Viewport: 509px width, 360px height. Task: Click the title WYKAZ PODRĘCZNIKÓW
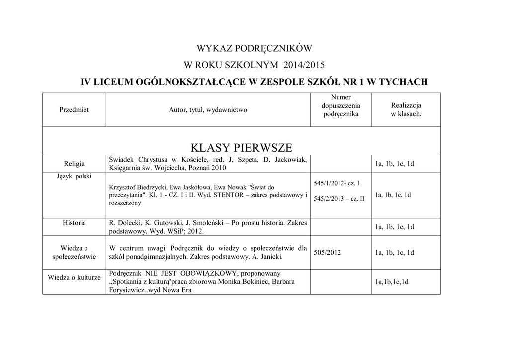point(254,49)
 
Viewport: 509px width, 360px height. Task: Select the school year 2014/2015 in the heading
point(304,65)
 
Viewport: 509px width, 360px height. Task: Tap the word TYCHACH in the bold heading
point(403,82)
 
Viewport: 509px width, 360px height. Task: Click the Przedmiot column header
point(74,110)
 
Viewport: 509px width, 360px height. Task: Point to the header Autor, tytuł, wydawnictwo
point(208,110)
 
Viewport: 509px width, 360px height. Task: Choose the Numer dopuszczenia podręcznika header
point(340,106)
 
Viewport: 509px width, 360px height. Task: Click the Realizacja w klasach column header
point(406,110)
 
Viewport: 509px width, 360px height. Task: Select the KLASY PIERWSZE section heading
point(241,147)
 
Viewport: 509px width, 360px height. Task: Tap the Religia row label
point(74,164)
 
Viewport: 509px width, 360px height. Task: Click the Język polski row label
point(74,176)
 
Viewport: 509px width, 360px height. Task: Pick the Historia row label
point(74,223)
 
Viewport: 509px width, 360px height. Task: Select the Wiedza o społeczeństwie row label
point(74,252)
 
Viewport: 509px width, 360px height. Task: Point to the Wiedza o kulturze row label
point(74,277)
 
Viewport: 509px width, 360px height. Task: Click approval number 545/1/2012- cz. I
point(337,183)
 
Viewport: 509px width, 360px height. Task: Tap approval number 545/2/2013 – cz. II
point(339,199)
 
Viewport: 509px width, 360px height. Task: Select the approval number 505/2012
point(328,253)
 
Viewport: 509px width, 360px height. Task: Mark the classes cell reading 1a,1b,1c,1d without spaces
point(392,282)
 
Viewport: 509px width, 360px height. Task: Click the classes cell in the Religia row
point(394,164)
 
